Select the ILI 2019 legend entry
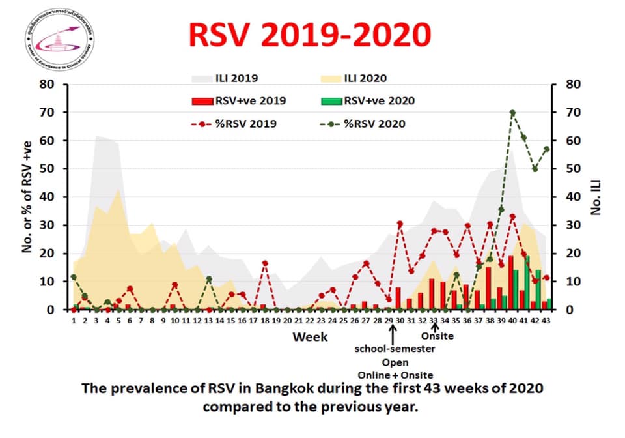221,80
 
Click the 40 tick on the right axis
564,197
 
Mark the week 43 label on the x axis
546,321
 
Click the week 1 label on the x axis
74,321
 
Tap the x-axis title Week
310,337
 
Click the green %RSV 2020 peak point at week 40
512,112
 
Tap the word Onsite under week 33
437,336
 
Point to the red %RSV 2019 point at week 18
265,263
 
